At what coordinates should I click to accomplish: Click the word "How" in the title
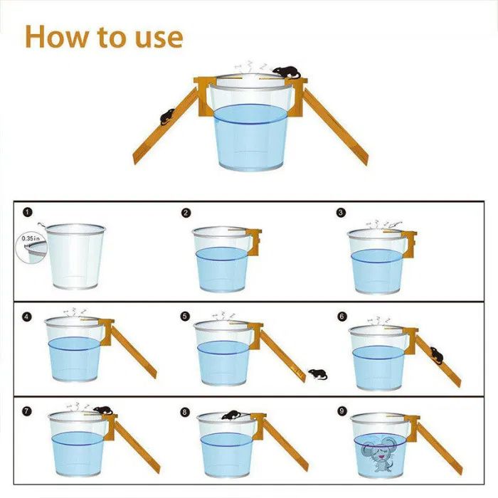pos(55,36)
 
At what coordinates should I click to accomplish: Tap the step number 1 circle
pos(28,212)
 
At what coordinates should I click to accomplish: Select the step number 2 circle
pos(186,213)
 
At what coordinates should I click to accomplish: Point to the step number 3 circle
pos(341,212)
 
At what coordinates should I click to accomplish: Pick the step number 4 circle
pos(27,317)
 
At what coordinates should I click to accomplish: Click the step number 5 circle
pos(185,317)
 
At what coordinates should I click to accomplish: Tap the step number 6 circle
pos(341,317)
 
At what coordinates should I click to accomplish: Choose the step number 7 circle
pos(27,412)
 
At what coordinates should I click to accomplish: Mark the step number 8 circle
pos(184,412)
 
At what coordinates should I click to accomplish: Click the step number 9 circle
pos(341,412)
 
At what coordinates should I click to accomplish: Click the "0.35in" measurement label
pos(31,238)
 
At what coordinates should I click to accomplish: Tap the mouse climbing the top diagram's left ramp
pos(167,117)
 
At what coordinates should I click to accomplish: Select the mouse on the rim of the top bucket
pos(287,73)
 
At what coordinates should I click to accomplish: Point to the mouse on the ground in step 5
pos(318,374)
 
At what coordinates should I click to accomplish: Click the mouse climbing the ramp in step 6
pos(437,356)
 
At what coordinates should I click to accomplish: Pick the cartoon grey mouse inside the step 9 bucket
pos(379,454)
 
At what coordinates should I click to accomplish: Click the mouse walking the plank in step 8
pos(231,415)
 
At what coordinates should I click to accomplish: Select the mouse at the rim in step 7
pos(103,410)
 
